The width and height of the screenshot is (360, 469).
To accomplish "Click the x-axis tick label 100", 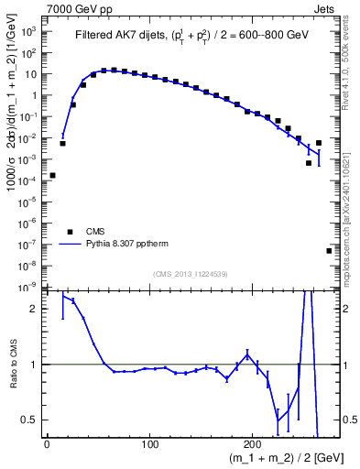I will click(x=149, y=445).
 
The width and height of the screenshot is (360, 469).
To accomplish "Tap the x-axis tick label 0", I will click(x=47, y=445).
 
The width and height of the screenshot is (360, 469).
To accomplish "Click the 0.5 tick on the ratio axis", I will click(x=32, y=420).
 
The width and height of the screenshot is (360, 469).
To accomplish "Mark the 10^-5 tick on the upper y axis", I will click(x=29, y=202).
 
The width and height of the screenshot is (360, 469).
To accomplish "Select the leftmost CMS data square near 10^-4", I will click(x=52, y=175).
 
